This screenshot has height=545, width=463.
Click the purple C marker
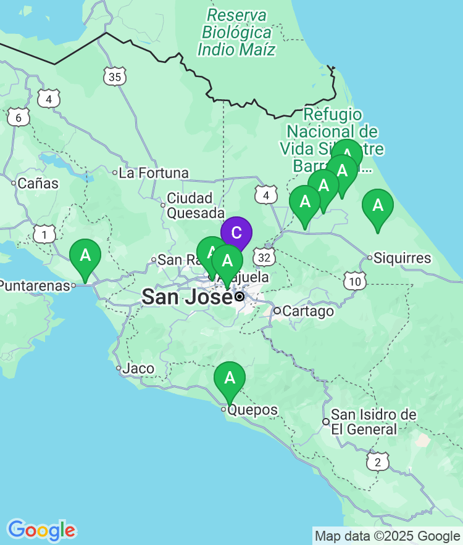236,233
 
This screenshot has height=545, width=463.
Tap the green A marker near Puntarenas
85,255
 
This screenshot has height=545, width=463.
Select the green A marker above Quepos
230,377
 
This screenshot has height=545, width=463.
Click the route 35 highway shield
114,76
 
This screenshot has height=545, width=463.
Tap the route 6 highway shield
19,117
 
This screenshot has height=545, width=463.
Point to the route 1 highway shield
44,234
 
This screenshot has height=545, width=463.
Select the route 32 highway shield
265,256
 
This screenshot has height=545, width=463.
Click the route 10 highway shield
354,282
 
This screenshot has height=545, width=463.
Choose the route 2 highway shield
378,461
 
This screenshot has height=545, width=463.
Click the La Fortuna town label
153,173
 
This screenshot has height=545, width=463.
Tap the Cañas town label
38,183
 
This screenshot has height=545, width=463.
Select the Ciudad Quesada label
190,205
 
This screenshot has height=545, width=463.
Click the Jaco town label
138,369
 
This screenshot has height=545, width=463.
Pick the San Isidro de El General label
364,422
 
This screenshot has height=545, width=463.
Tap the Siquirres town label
402,258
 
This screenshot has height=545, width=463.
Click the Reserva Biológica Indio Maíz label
237,32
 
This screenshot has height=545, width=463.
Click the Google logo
41,530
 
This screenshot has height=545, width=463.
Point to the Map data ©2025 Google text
387,536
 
